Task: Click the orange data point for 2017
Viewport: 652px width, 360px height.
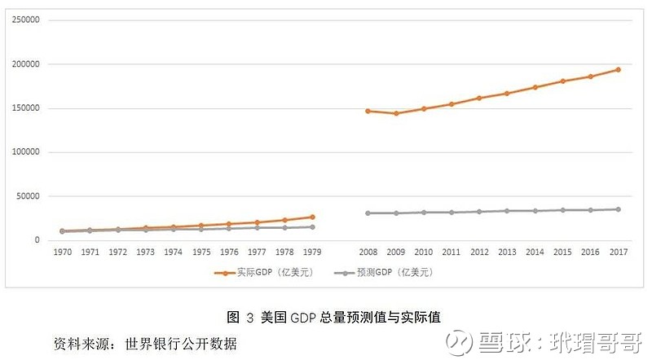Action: pyautogui.click(x=618, y=69)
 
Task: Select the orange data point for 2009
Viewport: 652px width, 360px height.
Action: pyautogui.click(x=396, y=113)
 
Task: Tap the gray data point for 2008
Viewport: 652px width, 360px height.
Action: pyautogui.click(x=368, y=213)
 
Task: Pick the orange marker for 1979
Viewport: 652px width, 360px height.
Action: pyautogui.click(x=312, y=217)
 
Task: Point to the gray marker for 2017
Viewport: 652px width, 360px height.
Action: pyautogui.click(x=618, y=209)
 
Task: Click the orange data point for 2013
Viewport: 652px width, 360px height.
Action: pyautogui.click(x=507, y=94)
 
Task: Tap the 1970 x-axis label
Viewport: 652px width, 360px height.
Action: pyautogui.click(x=62, y=252)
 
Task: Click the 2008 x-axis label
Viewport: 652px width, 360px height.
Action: pyautogui.click(x=368, y=252)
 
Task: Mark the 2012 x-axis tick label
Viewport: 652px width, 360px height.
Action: pyautogui.click(x=479, y=252)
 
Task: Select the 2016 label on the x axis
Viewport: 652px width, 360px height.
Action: pyautogui.click(x=590, y=252)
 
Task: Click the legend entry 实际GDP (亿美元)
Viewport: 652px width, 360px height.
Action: pyautogui.click(x=266, y=272)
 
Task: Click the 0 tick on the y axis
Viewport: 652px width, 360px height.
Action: pyautogui.click(x=37, y=240)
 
